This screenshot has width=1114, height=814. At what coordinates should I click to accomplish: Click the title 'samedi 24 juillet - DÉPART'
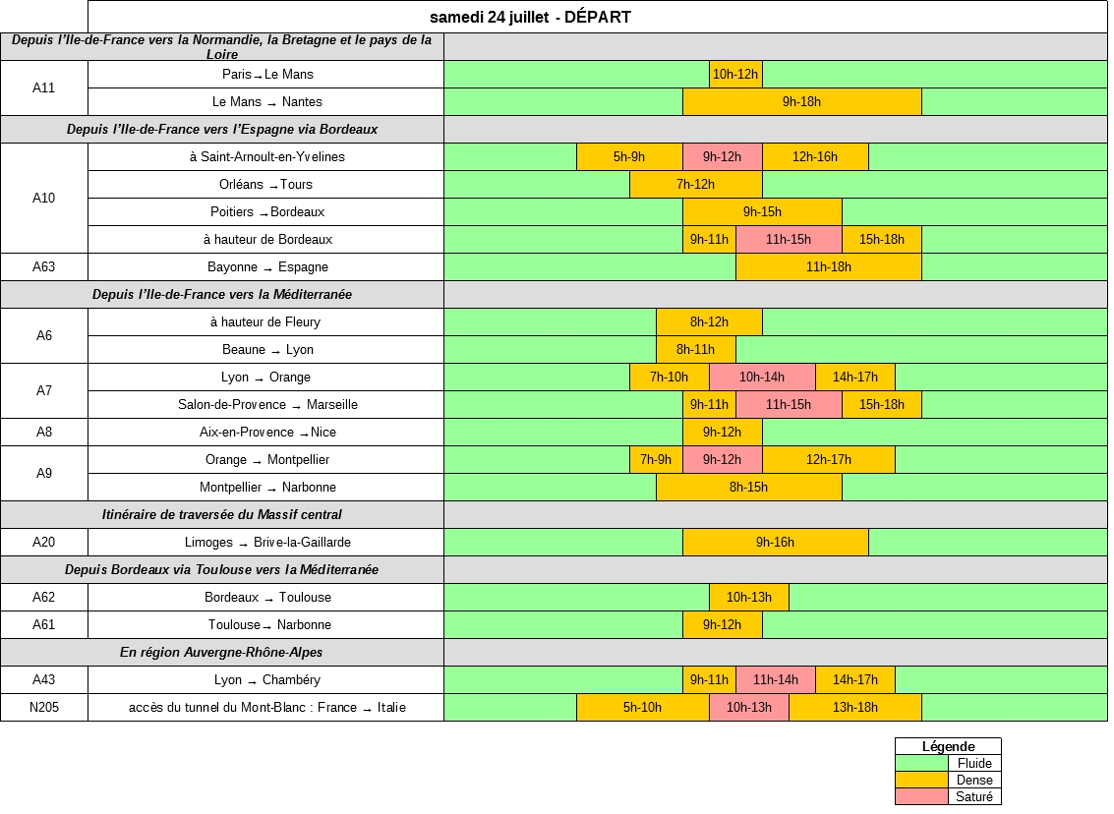530,17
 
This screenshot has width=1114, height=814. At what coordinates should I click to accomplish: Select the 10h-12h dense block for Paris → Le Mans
735,74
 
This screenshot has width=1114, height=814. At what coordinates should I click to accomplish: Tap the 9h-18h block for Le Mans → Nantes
801,101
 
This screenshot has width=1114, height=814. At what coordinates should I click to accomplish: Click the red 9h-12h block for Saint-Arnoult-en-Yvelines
722,156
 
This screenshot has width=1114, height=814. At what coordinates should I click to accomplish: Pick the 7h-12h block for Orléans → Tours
695,184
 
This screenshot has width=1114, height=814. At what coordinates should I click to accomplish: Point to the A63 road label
44,266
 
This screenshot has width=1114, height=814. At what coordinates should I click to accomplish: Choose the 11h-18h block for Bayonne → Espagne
828,266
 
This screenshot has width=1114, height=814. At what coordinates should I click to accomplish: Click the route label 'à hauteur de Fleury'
265,321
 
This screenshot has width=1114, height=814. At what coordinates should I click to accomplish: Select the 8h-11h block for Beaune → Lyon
695,349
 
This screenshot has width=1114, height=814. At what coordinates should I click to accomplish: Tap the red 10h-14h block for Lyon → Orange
762,377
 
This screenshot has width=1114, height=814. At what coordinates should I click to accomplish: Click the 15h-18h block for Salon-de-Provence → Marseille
881,404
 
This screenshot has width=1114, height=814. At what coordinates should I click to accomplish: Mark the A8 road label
44,432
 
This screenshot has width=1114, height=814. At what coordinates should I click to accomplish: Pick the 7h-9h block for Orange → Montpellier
656,459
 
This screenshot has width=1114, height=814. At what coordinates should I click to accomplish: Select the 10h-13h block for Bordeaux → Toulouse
748,597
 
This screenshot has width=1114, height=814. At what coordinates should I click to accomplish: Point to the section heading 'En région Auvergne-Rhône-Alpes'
221,652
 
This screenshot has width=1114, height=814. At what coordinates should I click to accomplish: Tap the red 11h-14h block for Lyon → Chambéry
775,679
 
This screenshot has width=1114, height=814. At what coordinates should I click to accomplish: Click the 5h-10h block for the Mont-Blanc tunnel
642,707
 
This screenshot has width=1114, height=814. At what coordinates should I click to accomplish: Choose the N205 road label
44,707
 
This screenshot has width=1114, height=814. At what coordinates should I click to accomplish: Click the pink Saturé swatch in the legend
921,797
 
